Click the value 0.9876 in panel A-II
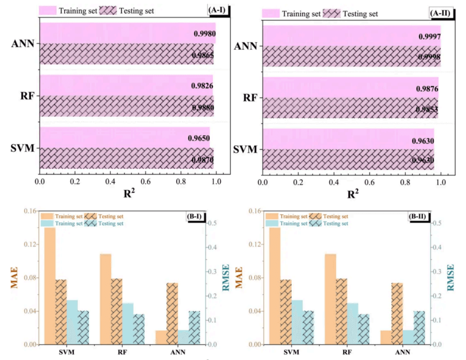tap(427, 89)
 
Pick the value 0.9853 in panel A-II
tap(427, 109)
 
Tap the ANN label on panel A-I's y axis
tap(23, 43)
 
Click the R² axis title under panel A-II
tap(353, 194)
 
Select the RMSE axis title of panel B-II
tap(451, 277)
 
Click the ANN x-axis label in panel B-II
tap(403, 353)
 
